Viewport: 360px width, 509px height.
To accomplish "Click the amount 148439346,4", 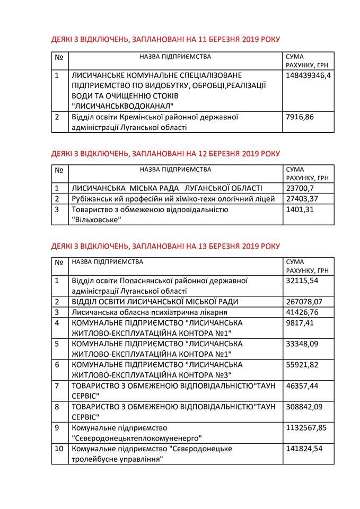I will tap(308, 76).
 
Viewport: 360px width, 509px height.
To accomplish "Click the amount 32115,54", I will tap(300, 280).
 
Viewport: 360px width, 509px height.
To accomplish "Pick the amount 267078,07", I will tap(302, 302).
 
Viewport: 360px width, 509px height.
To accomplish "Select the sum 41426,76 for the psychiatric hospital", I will tap(300, 312).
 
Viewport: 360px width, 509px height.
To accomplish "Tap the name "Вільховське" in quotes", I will tap(96, 220).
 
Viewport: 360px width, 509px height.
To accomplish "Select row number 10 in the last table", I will tap(59, 449).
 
